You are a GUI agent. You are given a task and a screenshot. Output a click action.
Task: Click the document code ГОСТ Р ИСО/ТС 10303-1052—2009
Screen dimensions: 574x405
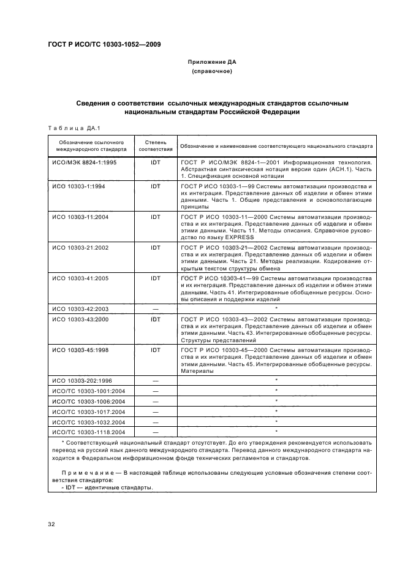click(x=100, y=44)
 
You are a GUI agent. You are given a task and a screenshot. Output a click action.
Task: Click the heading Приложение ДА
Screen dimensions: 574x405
click(x=211, y=62)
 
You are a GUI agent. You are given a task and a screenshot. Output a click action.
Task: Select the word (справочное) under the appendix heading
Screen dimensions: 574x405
click(x=211, y=72)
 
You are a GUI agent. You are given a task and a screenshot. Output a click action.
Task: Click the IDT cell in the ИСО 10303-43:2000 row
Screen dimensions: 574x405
click(x=155, y=320)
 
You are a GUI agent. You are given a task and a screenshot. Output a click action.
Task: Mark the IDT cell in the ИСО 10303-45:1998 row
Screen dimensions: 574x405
click(x=155, y=350)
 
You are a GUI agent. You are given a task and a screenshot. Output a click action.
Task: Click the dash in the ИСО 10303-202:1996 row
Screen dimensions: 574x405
click(x=155, y=381)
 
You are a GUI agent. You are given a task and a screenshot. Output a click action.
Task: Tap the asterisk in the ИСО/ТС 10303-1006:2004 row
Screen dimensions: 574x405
click(x=277, y=400)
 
